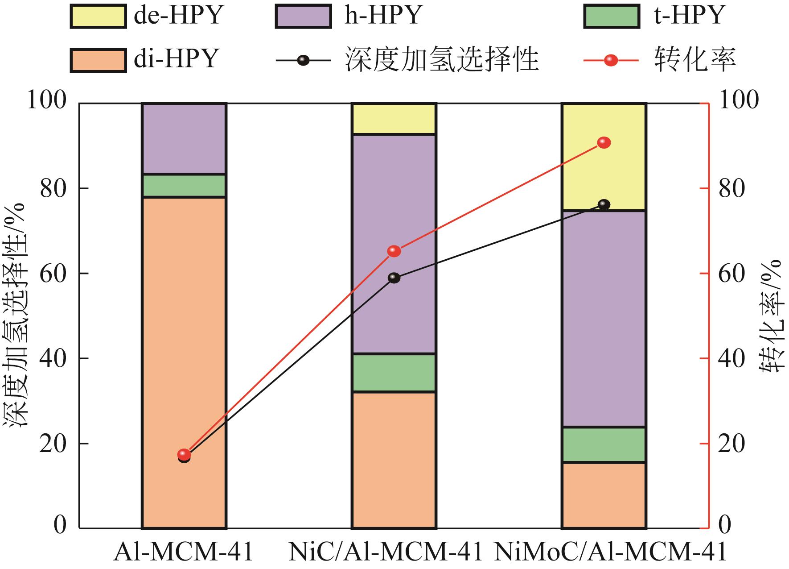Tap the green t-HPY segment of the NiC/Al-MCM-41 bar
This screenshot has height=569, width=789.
[x=394, y=373]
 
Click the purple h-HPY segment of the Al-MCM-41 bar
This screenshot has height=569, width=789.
[x=184, y=138]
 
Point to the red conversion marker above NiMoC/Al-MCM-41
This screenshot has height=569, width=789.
[x=604, y=143]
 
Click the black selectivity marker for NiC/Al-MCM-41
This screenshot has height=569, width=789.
[x=394, y=278]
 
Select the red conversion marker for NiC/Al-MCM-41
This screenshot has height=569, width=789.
[x=394, y=251]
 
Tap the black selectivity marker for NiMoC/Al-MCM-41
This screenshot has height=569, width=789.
[x=604, y=204]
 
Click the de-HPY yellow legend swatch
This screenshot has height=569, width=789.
[x=98, y=17]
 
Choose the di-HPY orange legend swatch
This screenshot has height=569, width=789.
[x=98, y=60]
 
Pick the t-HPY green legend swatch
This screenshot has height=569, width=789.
[x=612, y=17]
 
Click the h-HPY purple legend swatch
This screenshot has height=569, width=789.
[x=303, y=17]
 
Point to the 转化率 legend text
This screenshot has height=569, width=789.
[x=694, y=60]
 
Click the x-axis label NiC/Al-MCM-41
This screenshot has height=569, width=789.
[x=385, y=552]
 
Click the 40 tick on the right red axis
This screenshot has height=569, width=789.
[x=731, y=358]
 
